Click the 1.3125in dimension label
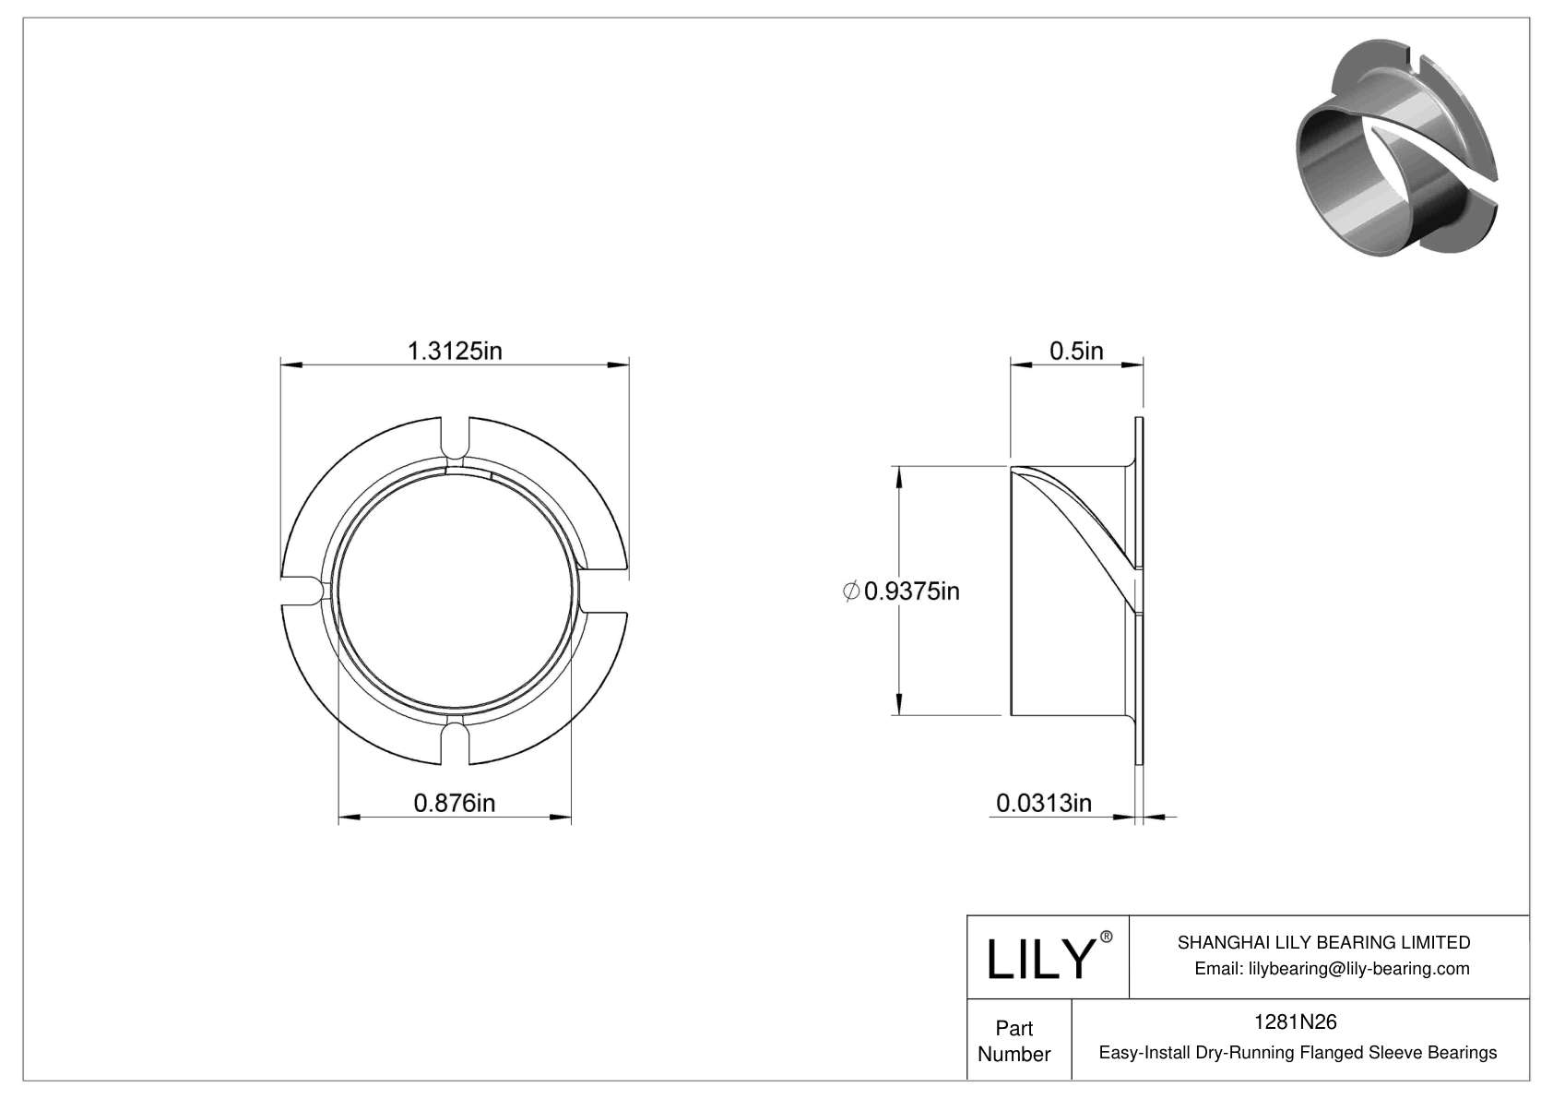[x=455, y=351]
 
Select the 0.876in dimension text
[x=454, y=803]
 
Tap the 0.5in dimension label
[x=1076, y=351]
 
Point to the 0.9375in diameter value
[x=911, y=591]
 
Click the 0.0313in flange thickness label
[x=1043, y=803]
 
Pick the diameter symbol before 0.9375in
[x=851, y=591]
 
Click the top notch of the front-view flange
[x=455, y=437]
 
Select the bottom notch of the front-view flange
[x=455, y=743]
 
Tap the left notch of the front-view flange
[x=301, y=591]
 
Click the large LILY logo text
[x=1039, y=960]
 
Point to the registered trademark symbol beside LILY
[x=1107, y=937]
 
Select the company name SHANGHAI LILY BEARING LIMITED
[x=1323, y=942]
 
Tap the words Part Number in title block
[x=1014, y=1041]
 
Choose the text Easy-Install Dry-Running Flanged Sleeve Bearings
[x=1298, y=1052]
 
